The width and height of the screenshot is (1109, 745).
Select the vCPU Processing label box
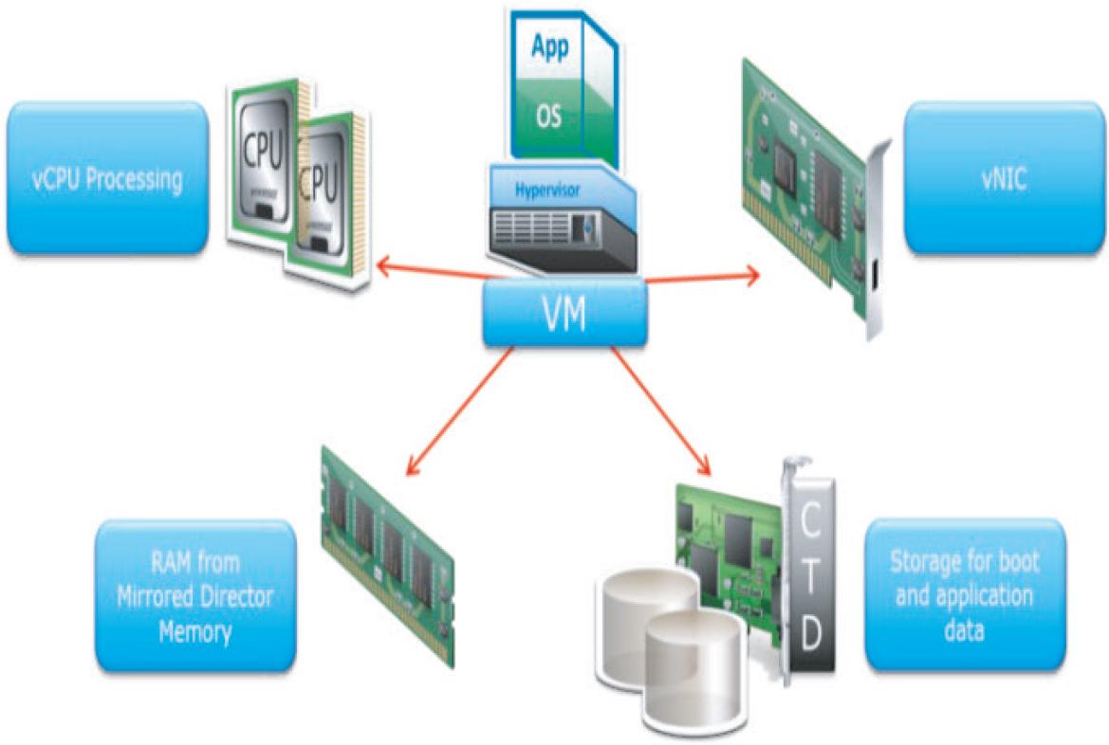[106, 178]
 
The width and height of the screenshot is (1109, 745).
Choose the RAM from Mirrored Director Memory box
[194, 594]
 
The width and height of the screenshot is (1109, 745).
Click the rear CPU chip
[261, 152]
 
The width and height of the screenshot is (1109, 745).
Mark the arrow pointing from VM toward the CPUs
[427, 272]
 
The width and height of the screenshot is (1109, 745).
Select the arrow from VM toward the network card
[702, 277]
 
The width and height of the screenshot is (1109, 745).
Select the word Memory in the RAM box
[194, 630]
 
